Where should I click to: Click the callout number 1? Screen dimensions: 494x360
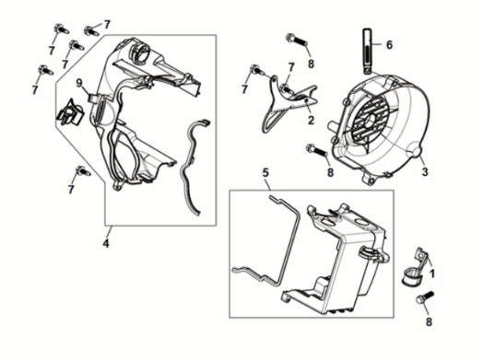tap(432, 273)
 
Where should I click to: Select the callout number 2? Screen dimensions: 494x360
tap(311, 120)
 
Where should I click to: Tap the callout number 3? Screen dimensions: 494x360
tap(425, 172)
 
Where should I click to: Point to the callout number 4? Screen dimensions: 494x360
tap(106, 243)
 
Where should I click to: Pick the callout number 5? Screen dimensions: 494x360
tap(265, 172)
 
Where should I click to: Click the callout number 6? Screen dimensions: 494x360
tap(390, 45)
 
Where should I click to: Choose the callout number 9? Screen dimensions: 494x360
tap(79, 83)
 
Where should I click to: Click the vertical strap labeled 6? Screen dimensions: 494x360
tap(368, 52)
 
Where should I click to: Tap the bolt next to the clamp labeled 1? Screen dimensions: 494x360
tap(425, 297)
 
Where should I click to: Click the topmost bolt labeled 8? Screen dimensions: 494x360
tap(296, 41)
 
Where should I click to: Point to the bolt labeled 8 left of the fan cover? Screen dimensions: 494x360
tap(316, 150)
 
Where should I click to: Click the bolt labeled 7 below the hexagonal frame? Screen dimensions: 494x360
tap(83, 171)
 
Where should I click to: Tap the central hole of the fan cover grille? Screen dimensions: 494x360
tap(371, 120)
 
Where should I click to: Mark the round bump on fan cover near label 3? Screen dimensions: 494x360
tap(416, 148)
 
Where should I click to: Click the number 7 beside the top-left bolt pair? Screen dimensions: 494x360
tap(107, 24)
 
